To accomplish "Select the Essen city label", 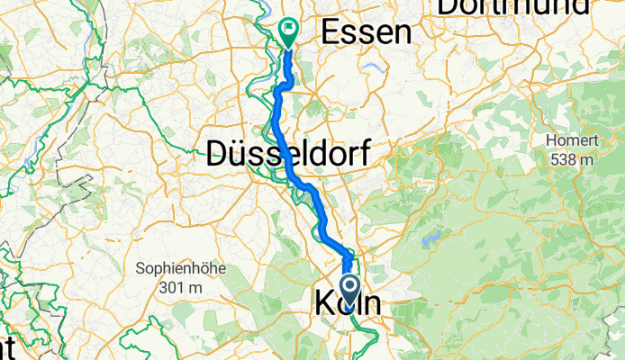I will (x=367, y=32).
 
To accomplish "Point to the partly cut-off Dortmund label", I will (x=513, y=7).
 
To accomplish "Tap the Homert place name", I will (x=573, y=141).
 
